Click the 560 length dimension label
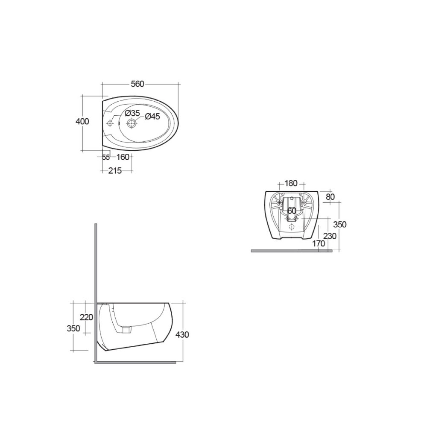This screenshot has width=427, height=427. click(137, 84)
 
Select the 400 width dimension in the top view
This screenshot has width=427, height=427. click(82, 122)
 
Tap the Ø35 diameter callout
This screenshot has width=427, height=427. click(132, 113)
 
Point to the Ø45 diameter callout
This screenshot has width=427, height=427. click(152, 117)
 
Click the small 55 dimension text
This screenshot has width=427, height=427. click(106, 158)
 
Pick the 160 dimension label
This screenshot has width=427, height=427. click(123, 157)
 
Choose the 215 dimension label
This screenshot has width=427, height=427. click(115, 171)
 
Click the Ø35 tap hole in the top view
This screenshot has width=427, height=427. click(110, 123)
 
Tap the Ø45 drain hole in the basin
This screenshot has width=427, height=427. click(132, 123)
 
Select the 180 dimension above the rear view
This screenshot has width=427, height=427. click(290, 184)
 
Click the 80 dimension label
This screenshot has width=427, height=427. click(330, 197)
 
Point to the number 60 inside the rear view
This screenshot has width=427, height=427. click(292, 211)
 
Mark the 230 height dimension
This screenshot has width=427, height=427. click(330, 236)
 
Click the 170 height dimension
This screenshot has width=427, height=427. click(319, 243)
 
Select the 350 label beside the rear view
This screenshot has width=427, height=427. click(340, 225)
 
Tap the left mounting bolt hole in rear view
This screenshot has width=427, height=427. click(279, 202)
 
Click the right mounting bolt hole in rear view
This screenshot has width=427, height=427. click(304, 202)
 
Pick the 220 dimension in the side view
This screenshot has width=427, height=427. click(87, 317)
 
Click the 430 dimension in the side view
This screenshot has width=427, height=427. click(182, 334)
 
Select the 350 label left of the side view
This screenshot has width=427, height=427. click(73, 328)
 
